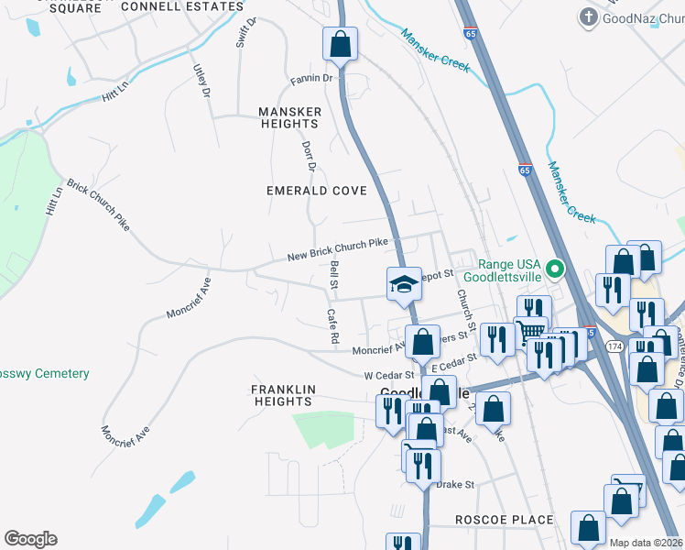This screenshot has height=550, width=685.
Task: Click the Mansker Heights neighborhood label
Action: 289,117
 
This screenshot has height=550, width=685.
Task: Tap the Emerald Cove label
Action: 316,191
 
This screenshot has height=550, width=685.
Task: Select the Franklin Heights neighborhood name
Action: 283,395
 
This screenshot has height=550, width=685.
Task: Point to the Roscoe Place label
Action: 505,520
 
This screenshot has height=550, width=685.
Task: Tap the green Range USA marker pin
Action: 553,269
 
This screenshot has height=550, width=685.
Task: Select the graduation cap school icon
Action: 403,284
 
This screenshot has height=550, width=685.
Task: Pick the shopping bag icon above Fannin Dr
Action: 340,44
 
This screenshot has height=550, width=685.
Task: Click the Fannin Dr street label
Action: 311,79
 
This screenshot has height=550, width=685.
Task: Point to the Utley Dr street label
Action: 201,81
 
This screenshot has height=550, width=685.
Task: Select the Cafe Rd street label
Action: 333,326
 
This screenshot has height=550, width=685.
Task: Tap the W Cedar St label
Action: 390,375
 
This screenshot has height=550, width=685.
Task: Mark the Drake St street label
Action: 454,484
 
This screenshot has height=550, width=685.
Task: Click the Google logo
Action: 30,539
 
